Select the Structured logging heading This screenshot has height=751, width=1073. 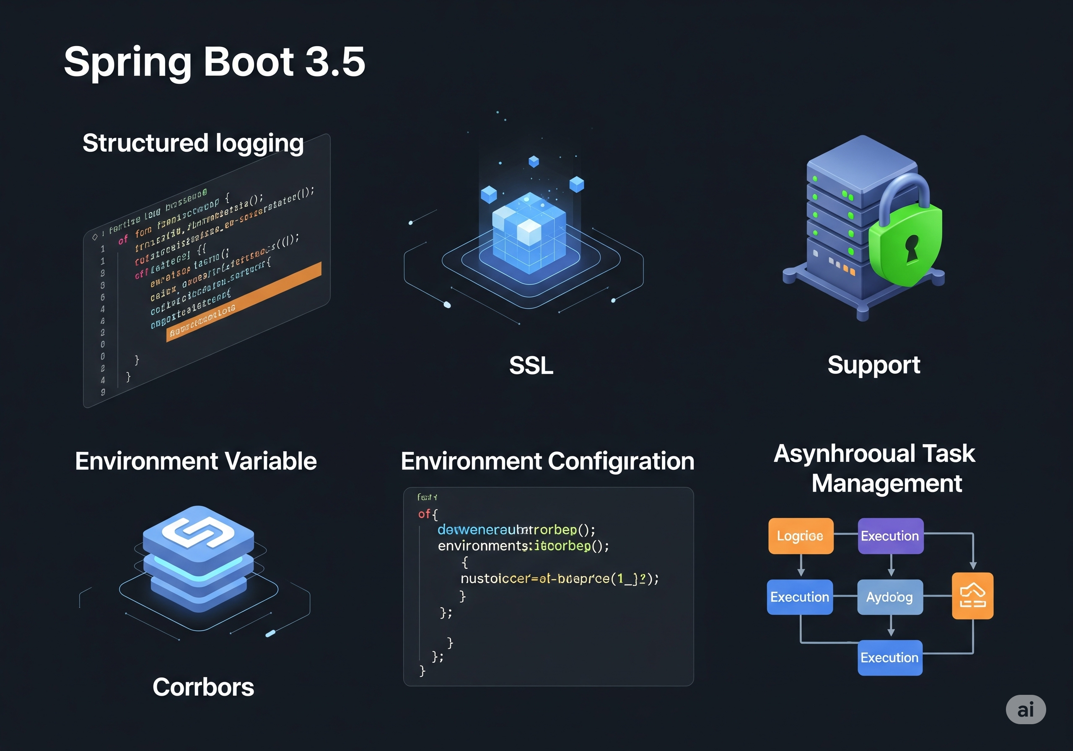[193, 143]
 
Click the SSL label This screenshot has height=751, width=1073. [531, 365]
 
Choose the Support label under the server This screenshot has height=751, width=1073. [873, 365]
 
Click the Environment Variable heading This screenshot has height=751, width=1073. [196, 461]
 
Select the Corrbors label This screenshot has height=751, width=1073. [203, 687]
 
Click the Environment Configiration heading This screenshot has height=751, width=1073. [547, 461]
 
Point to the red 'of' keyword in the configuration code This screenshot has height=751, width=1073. [424, 514]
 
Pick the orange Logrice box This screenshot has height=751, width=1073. [801, 536]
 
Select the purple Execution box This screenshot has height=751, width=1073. [890, 536]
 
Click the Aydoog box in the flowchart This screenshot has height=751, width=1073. [890, 597]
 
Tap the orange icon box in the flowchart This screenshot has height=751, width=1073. [972, 596]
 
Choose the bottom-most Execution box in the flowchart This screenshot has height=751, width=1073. [890, 658]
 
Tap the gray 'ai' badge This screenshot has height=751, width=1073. [1025, 710]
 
